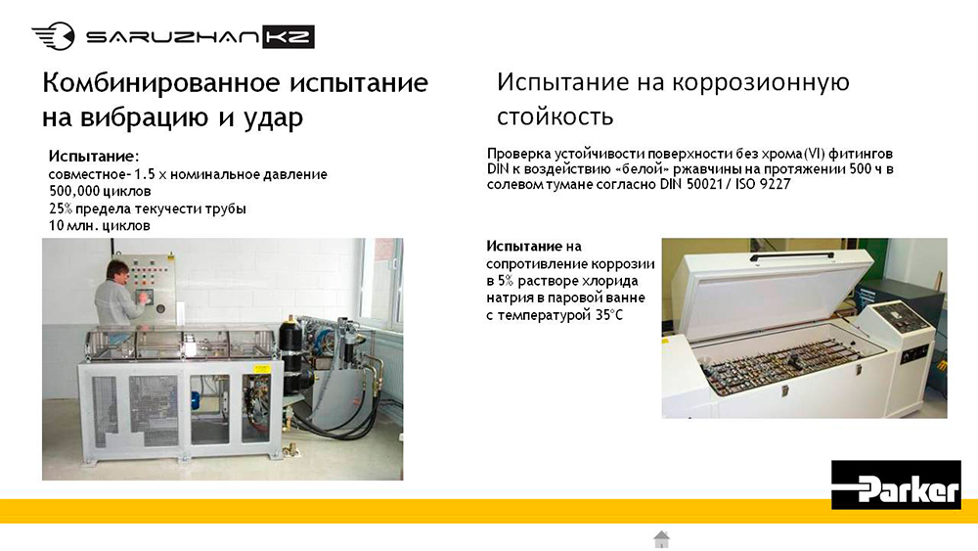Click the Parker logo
click(896, 484)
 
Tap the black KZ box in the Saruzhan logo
click(288, 37)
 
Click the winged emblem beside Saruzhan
click(54, 35)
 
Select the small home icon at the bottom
click(662, 539)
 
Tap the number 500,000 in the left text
click(74, 191)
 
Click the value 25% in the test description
click(61, 208)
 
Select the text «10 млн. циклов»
click(100, 225)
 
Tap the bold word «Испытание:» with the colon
click(94, 156)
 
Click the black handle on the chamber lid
click(793, 255)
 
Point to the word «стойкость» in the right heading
click(556, 116)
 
